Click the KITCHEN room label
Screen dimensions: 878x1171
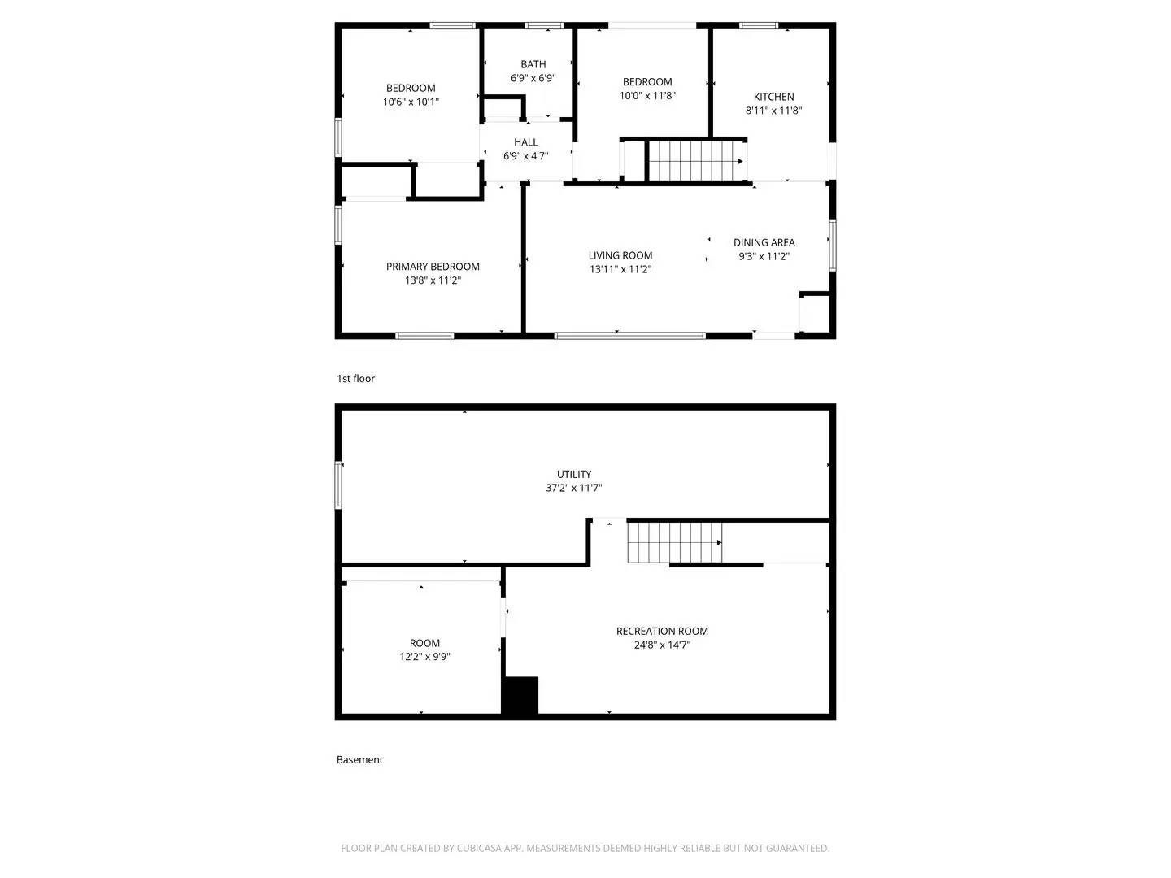click(x=773, y=97)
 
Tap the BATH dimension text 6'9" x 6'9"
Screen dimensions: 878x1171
click(x=533, y=78)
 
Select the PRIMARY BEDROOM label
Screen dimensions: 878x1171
click(x=433, y=267)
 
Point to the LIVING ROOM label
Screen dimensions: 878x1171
click(x=620, y=255)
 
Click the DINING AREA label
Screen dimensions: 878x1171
click(x=764, y=242)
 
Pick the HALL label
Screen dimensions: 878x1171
click(x=525, y=142)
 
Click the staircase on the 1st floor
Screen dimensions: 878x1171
click(x=695, y=161)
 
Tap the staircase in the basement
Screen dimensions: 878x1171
click(x=674, y=542)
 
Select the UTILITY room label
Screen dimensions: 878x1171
click(x=574, y=474)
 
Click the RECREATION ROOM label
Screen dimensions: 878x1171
click(x=662, y=631)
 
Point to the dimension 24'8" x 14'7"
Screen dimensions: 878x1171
click(x=662, y=645)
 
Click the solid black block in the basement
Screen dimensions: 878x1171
click(x=520, y=696)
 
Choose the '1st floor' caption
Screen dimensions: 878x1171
click(x=355, y=379)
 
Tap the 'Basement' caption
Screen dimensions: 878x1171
click(x=359, y=760)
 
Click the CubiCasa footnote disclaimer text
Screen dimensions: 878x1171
click(x=585, y=848)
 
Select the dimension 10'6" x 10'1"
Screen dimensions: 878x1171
click(x=411, y=102)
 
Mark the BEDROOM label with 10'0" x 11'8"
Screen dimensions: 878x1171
click(x=647, y=82)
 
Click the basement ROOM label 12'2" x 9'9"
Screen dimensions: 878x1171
click(x=424, y=643)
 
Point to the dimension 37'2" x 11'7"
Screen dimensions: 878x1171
click(x=574, y=489)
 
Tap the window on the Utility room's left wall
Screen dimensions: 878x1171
click(x=339, y=485)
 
